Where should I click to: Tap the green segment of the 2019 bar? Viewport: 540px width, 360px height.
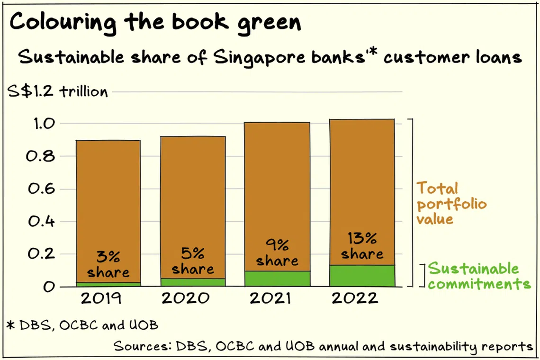tap(108, 284)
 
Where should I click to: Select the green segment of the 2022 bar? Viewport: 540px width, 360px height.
tap(362, 276)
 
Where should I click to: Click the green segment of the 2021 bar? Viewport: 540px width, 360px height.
tap(278, 279)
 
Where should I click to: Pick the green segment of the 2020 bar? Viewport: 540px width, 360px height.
tap(193, 282)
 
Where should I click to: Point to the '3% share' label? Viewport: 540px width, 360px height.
tap(108, 265)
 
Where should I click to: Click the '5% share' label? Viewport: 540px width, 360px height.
tap(193, 261)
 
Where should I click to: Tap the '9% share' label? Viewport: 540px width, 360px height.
tap(278, 253)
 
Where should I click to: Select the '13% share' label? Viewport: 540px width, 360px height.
tap(362, 246)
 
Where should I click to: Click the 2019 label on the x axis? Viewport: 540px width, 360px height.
tap(101, 298)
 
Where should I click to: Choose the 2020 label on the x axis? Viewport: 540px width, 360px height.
tap(186, 298)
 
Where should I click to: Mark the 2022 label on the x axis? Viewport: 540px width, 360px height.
tap(354, 298)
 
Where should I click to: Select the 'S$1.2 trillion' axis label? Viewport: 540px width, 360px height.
tap(58, 91)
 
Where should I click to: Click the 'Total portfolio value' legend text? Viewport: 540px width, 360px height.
tap(451, 204)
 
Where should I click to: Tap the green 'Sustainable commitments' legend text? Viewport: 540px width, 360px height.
tap(479, 276)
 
